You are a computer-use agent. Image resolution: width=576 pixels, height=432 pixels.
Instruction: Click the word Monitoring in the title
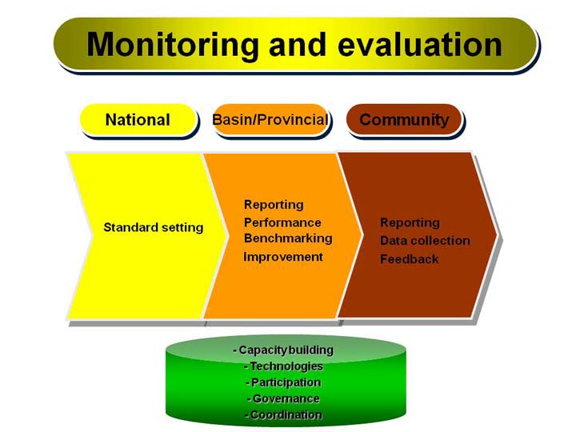tap(173, 45)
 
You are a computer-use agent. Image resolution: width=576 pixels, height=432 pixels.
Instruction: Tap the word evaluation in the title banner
tap(420, 45)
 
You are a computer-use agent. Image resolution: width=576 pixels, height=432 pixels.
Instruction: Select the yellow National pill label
tap(138, 120)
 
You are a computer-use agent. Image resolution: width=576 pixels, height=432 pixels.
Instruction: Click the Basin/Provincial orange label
tap(270, 120)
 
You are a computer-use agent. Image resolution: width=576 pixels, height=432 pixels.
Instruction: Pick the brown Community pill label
tap(404, 120)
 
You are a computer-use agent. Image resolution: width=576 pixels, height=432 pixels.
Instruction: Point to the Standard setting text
tap(153, 227)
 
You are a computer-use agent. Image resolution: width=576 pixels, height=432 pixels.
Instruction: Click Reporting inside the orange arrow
tap(274, 205)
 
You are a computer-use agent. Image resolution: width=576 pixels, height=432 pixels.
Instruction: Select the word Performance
tap(282, 222)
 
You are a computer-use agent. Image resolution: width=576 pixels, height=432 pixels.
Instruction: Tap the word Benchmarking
tap(288, 238)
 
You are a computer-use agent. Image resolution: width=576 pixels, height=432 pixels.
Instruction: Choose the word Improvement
tap(283, 257)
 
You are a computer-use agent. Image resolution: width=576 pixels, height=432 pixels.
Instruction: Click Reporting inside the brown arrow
tap(410, 222)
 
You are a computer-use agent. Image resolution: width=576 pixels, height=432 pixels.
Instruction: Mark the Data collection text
tap(425, 241)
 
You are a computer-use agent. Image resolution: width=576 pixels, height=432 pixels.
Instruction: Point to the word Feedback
tap(410, 259)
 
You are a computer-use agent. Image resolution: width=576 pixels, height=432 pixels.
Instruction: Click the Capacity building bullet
tap(283, 350)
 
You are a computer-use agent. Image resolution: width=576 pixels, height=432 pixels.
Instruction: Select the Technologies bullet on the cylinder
tap(283, 366)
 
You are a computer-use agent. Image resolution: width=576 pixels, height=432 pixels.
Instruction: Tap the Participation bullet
tap(283, 382)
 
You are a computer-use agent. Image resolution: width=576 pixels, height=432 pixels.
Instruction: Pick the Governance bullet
tap(283, 398)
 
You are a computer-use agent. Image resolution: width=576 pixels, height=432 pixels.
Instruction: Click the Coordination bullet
tap(283, 414)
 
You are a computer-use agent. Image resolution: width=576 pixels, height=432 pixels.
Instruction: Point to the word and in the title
tap(298, 45)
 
